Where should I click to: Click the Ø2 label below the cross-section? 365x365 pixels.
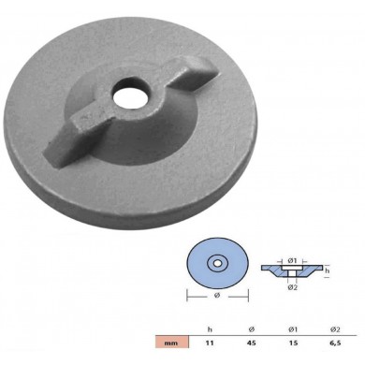[x=293, y=286]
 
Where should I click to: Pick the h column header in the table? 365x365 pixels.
[x=210, y=328]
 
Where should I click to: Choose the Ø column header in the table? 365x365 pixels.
[x=252, y=328]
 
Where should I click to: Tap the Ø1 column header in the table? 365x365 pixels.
[x=294, y=328]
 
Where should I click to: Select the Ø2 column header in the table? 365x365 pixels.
[x=336, y=328]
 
